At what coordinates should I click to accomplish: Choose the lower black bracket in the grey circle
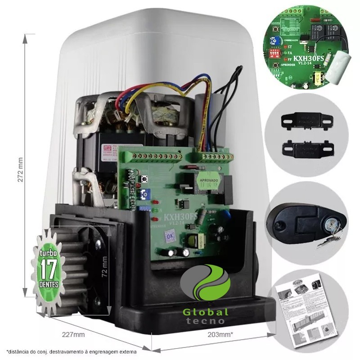point(306,147)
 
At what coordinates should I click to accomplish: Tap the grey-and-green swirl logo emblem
point(205,283)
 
